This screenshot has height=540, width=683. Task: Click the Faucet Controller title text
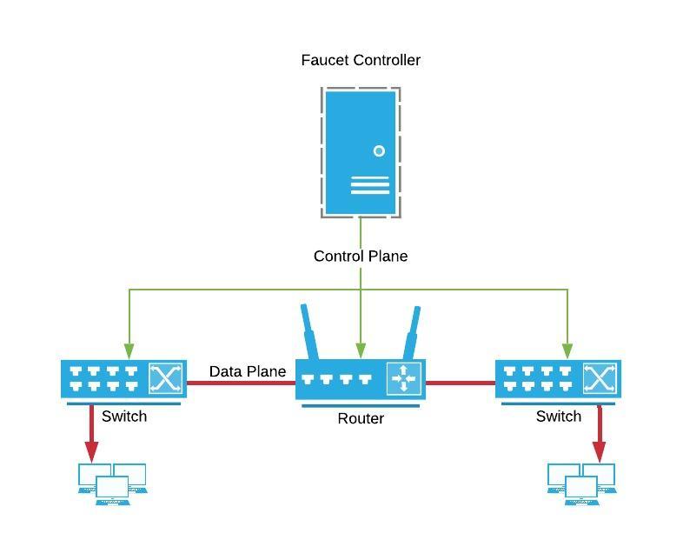[x=361, y=60]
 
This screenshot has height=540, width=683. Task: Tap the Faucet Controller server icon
[x=361, y=152]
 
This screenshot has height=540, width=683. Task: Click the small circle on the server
[x=379, y=151]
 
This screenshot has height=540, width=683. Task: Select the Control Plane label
[x=361, y=256]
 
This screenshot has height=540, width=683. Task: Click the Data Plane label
[x=248, y=371]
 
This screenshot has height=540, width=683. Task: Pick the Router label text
[x=361, y=418]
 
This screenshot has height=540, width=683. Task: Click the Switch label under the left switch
[x=124, y=416]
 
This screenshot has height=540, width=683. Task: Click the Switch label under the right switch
[x=559, y=416]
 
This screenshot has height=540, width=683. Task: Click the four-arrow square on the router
[x=403, y=378]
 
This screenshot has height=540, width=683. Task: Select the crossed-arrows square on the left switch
[x=166, y=378]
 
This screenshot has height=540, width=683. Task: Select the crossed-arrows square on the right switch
[x=600, y=378]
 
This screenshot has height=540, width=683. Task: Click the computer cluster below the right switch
[x=582, y=483]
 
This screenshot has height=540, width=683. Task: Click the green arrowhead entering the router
[x=361, y=350]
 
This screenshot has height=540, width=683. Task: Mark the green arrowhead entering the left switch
[x=129, y=350]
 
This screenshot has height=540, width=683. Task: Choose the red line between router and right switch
[x=460, y=382]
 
